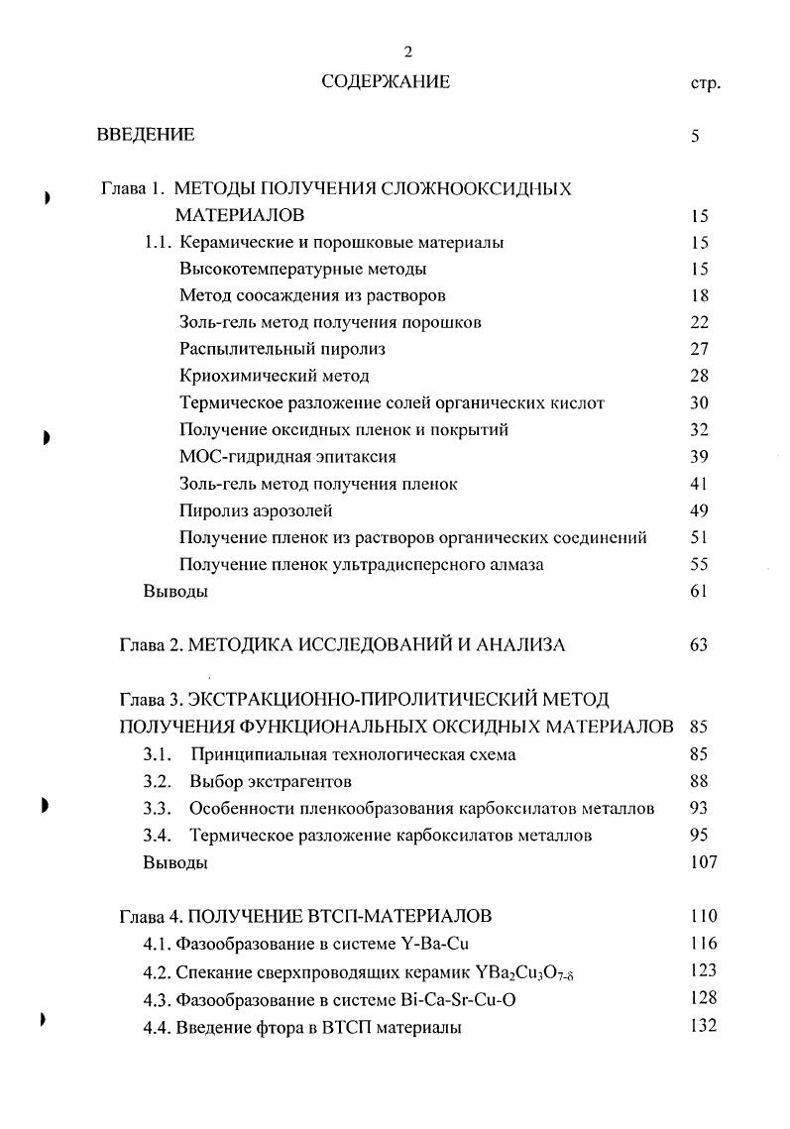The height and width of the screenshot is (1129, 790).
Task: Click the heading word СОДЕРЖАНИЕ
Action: (x=386, y=83)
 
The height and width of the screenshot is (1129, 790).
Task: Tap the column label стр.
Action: (x=704, y=84)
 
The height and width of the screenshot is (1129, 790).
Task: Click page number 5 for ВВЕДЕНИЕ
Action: (x=696, y=136)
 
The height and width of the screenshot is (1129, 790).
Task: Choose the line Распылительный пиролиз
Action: (x=282, y=349)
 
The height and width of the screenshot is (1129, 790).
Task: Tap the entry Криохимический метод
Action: (x=275, y=376)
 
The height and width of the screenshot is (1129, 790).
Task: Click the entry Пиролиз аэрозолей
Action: (x=256, y=510)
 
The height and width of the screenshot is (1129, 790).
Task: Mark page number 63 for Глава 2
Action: (x=699, y=645)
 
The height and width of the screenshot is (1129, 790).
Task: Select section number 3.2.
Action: (x=158, y=781)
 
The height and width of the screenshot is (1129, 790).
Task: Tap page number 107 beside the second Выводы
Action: (x=703, y=862)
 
